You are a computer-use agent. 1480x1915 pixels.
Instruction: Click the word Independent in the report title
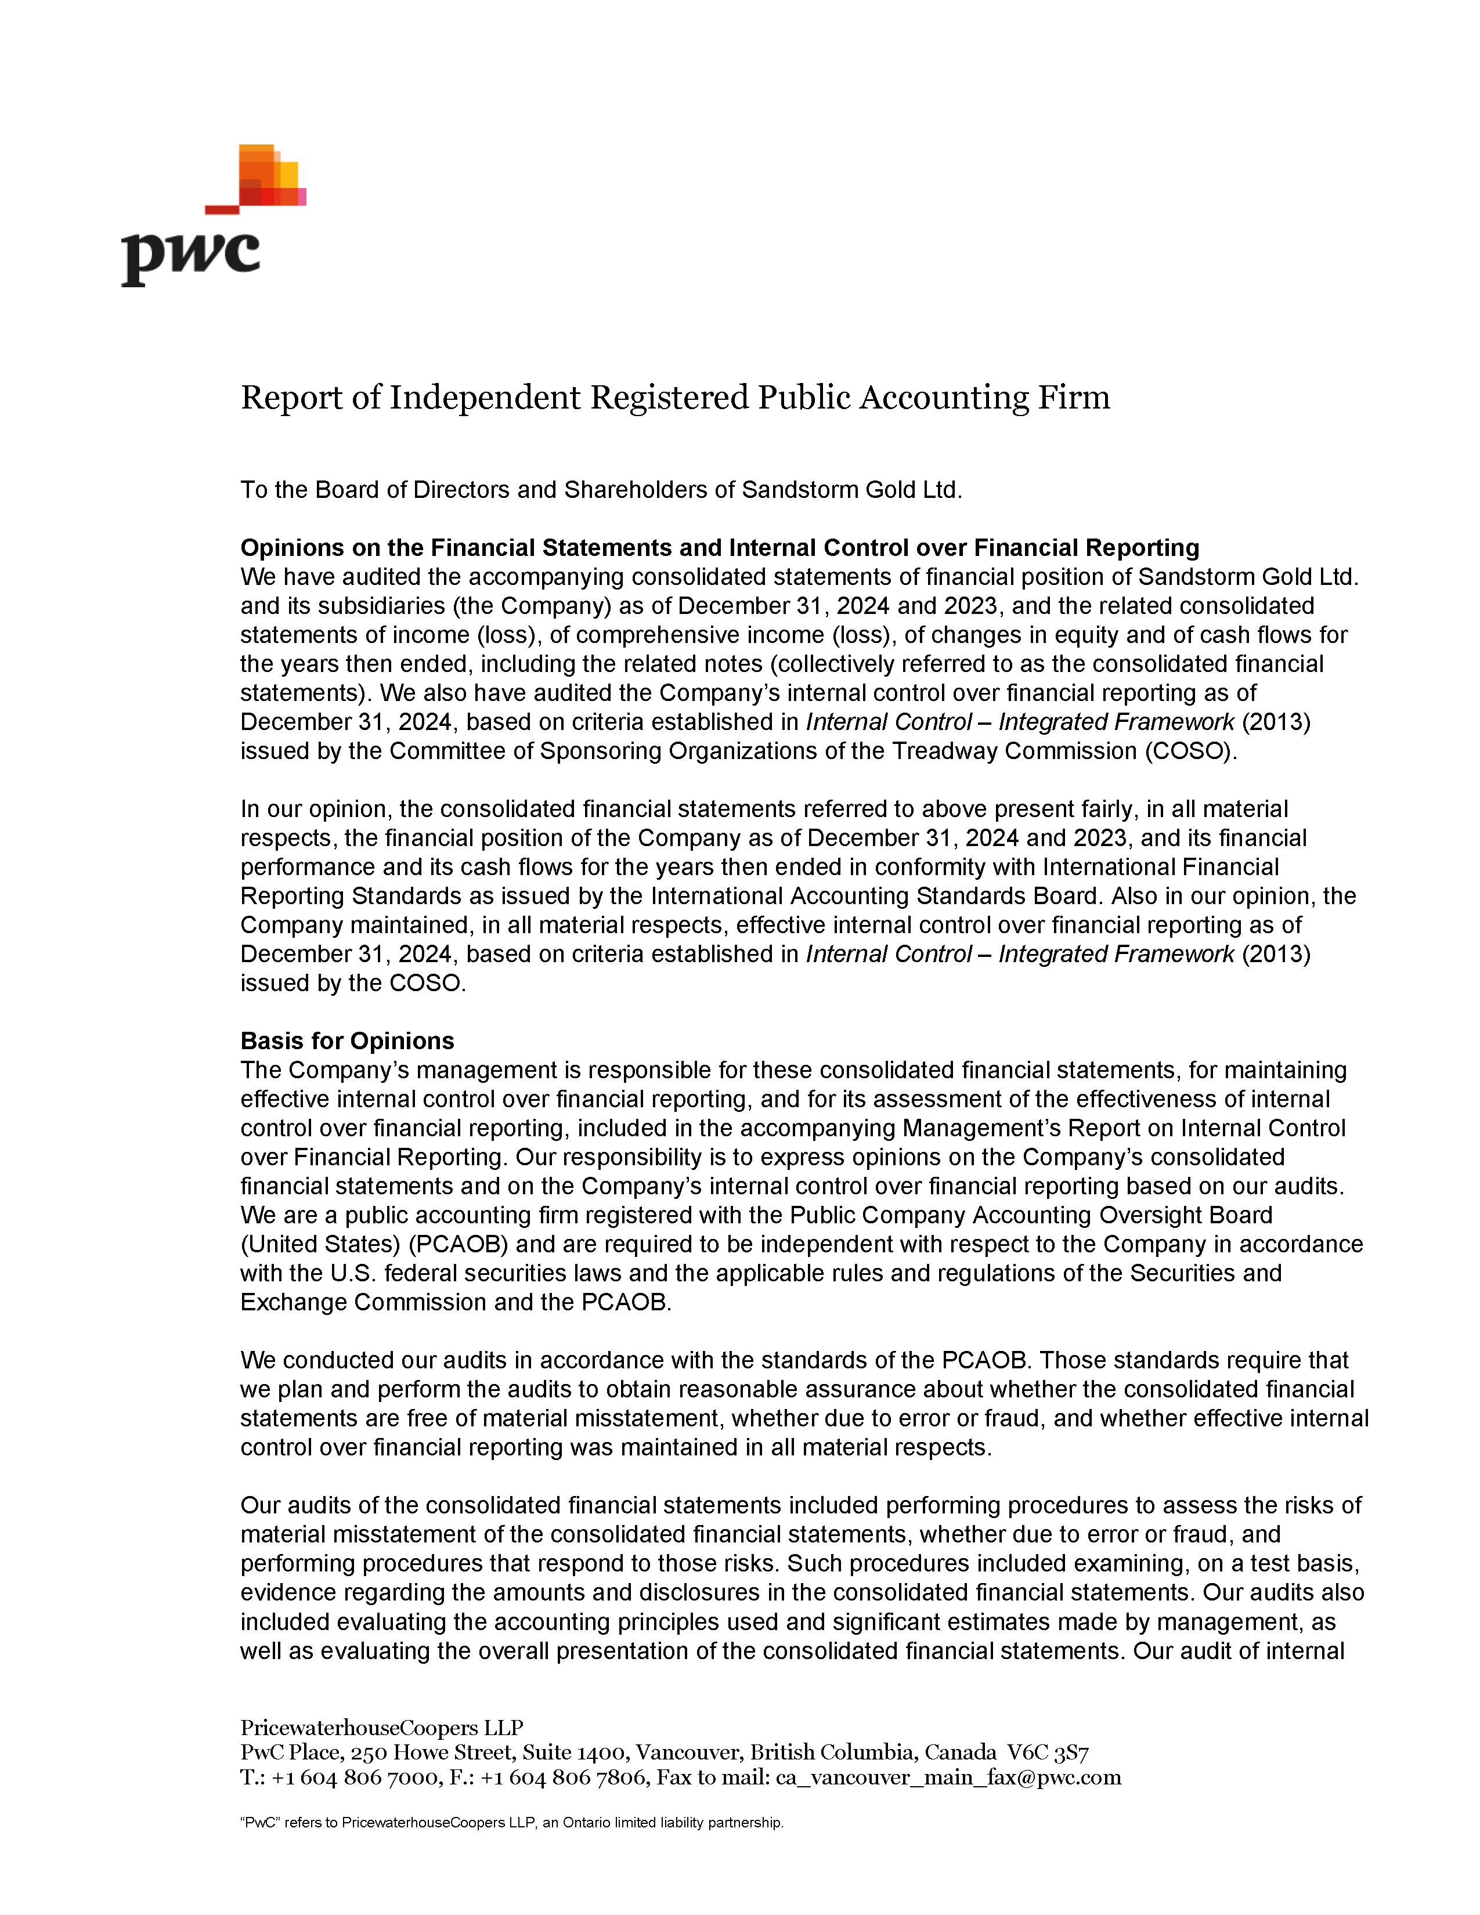point(484,397)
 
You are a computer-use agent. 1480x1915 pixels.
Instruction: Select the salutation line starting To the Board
point(601,489)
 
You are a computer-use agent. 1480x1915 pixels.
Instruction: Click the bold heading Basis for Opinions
point(347,1041)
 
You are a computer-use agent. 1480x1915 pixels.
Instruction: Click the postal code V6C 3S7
point(1047,1753)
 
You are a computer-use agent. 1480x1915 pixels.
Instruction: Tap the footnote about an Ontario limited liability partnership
point(511,1822)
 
